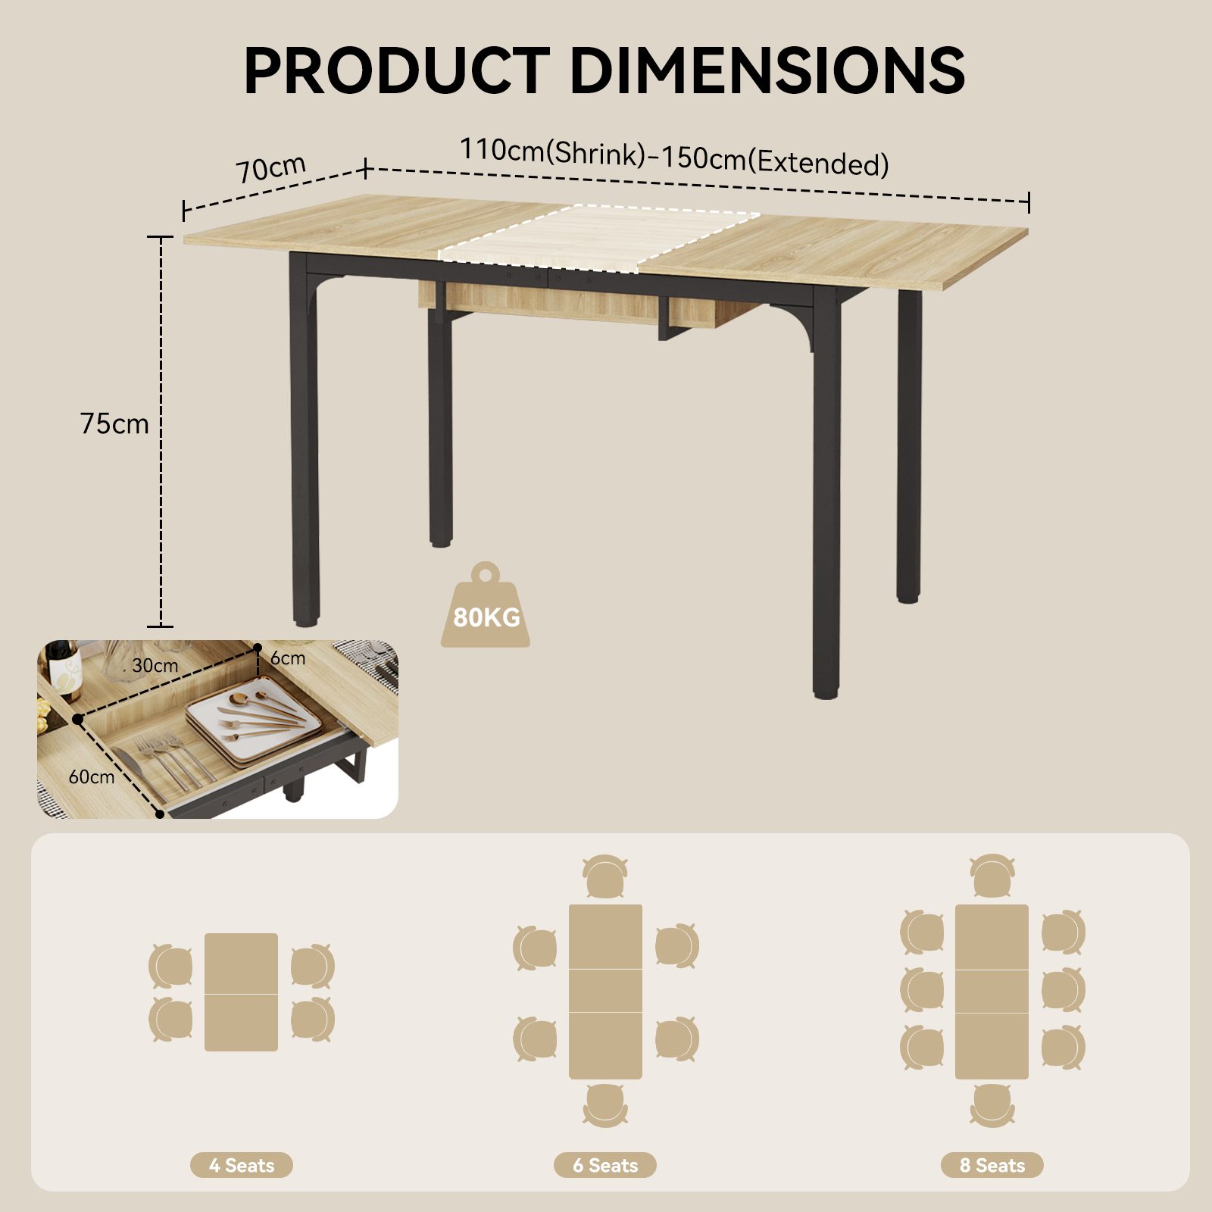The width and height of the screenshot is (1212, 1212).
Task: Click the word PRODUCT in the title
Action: (x=396, y=70)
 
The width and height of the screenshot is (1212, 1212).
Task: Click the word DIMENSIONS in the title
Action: (x=767, y=70)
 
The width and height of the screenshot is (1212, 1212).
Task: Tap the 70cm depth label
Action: (x=270, y=168)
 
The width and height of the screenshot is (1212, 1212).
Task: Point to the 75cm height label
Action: (x=114, y=423)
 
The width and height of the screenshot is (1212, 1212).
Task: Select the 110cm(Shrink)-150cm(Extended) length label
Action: (x=674, y=158)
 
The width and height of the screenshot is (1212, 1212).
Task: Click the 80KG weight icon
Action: (x=486, y=605)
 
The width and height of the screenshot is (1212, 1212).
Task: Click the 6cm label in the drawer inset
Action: (x=288, y=658)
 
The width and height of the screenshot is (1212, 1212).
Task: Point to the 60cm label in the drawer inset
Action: (x=92, y=777)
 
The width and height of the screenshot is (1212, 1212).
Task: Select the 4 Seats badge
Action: (x=241, y=1165)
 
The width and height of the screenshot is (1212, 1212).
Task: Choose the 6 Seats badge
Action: (x=604, y=1165)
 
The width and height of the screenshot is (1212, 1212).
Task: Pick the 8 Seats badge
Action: (x=992, y=1165)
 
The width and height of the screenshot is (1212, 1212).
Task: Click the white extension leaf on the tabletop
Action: (x=598, y=238)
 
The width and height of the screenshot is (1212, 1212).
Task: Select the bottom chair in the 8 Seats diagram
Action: (x=992, y=1105)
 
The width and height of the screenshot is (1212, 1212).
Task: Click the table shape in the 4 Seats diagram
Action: (x=241, y=992)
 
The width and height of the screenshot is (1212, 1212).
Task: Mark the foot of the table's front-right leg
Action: (x=826, y=692)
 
